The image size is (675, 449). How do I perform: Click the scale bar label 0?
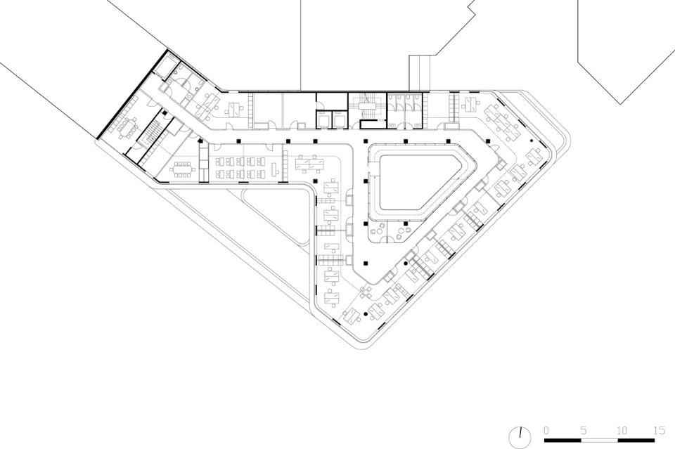click(x=546, y=431)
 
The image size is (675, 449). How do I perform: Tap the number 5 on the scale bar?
click(x=584, y=431)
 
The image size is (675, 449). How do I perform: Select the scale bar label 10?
click(x=621, y=431)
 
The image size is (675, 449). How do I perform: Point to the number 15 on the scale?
click(x=659, y=431)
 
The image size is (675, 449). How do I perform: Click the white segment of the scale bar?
click(x=600, y=441)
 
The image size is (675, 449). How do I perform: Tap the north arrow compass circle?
click(x=520, y=438)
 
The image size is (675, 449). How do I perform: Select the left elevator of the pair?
click(x=323, y=119)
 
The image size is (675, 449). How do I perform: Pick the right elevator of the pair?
click(x=339, y=119)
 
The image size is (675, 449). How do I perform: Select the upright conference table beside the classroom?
click(x=182, y=169)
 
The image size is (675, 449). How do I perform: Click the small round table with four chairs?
click(x=366, y=292)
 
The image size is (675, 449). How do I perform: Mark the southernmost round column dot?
click(x=366, y=314)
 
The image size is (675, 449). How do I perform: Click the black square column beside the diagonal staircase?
click(x=165, y=112)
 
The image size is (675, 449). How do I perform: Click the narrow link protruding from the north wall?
click(x=420, y=73)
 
